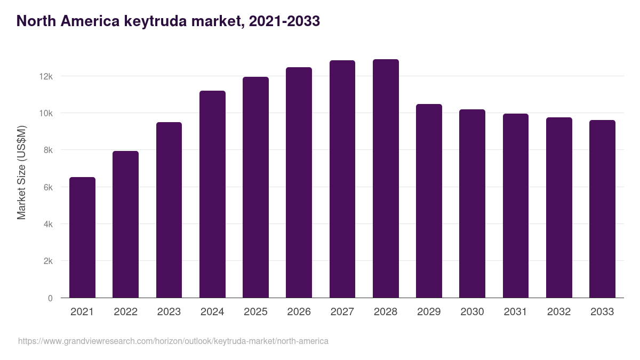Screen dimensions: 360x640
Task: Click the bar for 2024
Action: click(x=212, y=195)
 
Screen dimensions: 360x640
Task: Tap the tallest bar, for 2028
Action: click(x=386, y=179)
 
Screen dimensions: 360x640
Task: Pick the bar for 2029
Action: click(x=429, y=201)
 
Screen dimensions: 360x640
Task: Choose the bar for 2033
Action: click(x=602, y=209)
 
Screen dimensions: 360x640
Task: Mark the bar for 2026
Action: click(x=299, y=182)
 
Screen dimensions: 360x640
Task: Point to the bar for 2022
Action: click(x=125, y=225)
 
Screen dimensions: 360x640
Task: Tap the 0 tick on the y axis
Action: click(x=50, y=298)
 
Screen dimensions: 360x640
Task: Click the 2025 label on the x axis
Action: click(x=255, y=312)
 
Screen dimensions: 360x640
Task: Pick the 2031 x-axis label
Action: click(x=515, y=312)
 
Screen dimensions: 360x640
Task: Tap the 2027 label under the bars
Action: click(x=342, y=312)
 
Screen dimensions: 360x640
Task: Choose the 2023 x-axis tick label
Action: click(x=169, y=312)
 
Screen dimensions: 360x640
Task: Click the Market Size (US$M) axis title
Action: click(x=21, y=172)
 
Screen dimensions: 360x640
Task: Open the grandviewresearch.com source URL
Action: click(x=173, y=341)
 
